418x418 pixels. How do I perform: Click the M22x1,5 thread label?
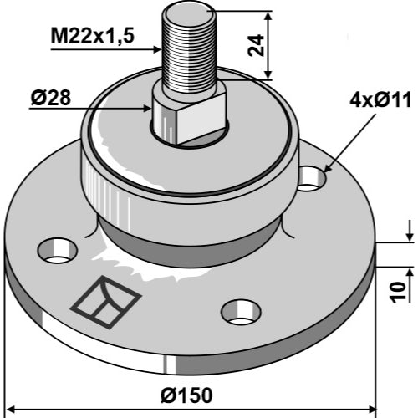point(93,36)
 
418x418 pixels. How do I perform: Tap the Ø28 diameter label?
point(50,98)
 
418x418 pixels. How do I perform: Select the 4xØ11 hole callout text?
point(380,100)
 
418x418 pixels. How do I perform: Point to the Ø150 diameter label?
point(186,395)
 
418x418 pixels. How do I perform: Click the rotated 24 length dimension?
point(256,45)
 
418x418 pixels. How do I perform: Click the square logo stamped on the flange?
point(106,303)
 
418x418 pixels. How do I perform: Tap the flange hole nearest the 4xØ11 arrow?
point(312,179)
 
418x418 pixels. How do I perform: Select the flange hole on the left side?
point(58,251)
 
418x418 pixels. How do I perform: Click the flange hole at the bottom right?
point(241,313)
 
